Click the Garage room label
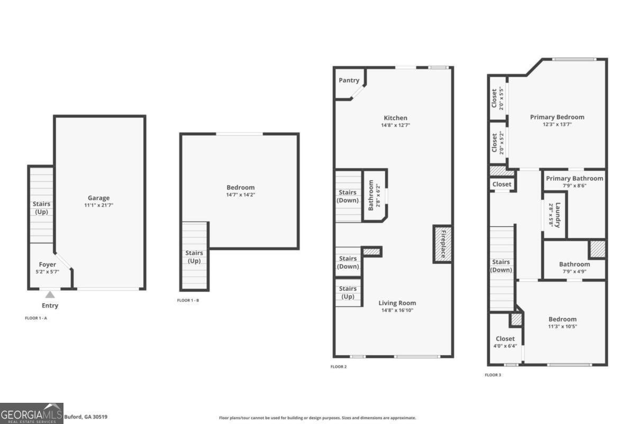coord(99,198)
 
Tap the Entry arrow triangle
coord(50,295)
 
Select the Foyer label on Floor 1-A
coord(48,264)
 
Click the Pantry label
coord(349,81)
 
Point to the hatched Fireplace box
coord(442,243)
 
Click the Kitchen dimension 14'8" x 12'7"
coord(395,125)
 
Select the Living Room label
coord(397,303)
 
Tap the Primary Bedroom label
coord(557,117)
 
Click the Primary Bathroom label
coord(574,179)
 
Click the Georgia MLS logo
coord(32,413)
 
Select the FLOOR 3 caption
coord(493,375)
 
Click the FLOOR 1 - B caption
coord(188,301)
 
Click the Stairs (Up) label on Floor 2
coord(348,292)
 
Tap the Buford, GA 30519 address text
coord(86,417)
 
